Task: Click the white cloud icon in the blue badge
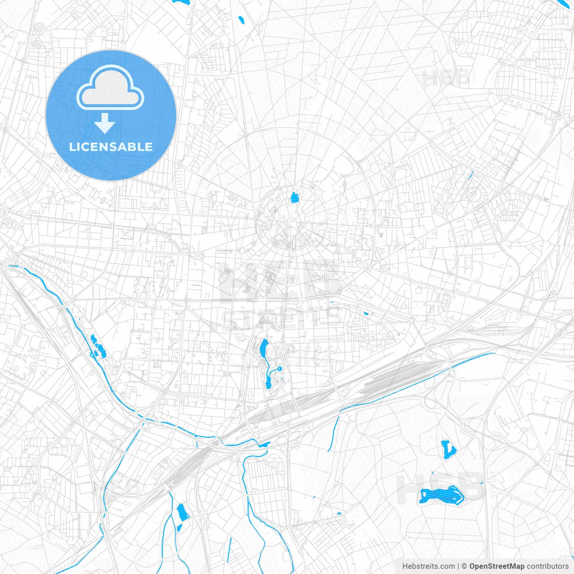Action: point(110,88)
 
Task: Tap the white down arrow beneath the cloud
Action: point(105,123)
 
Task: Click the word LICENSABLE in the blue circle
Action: point(111,147)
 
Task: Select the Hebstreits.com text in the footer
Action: point(428,566)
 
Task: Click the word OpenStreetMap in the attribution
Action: point(496,566)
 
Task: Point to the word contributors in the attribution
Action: point(548,566)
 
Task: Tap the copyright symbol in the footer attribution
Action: point(465,566)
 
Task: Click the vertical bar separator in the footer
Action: point(458,566)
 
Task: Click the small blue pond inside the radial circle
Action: point(294,197)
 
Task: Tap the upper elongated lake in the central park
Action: point(264,347)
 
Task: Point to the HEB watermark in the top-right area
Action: point(446,78)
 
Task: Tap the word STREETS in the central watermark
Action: point(283,318)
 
